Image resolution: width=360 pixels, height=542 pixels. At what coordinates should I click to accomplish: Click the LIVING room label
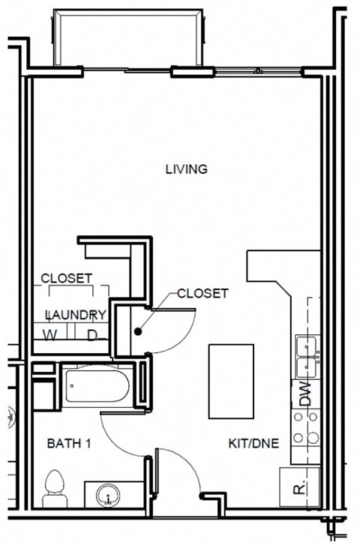pos(186,169)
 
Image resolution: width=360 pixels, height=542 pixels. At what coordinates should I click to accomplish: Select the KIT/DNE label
pos(253,444)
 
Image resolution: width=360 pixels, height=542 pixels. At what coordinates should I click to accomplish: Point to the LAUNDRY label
pos(76,315)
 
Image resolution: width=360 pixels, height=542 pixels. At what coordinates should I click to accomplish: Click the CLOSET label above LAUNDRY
pos(66,278)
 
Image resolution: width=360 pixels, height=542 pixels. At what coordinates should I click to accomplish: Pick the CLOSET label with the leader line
pos(202,294)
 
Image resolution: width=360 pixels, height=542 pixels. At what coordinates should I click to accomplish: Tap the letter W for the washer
pos(50,334)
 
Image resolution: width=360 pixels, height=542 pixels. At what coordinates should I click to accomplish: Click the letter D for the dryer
pos(92,334)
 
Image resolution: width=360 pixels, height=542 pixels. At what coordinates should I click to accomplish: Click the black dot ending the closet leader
pos(139,331)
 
